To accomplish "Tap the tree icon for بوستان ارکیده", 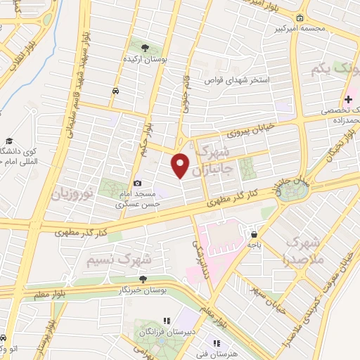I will [x=145, y=48].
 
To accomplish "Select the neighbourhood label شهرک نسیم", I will [x=120, y=258].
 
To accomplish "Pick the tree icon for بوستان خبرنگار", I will [x=143, y=279].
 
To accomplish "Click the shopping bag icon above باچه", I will [x=254, y=236].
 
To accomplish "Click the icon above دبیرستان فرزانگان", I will [x=167, y=321].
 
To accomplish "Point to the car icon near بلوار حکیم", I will [x=115, y=91].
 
